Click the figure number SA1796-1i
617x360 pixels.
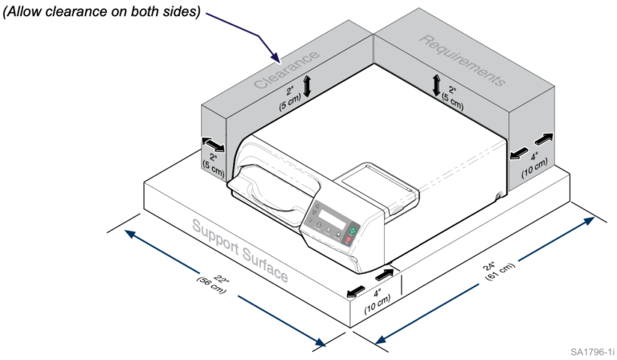[593, 352]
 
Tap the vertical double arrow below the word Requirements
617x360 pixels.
[436, 84]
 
